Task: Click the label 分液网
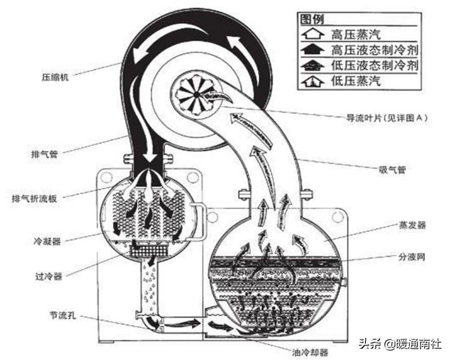click(x=409, y=258)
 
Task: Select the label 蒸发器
click(x=409, y=224)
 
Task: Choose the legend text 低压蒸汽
click(x=355, y=80)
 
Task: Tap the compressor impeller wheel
click(x=196, y=94)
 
